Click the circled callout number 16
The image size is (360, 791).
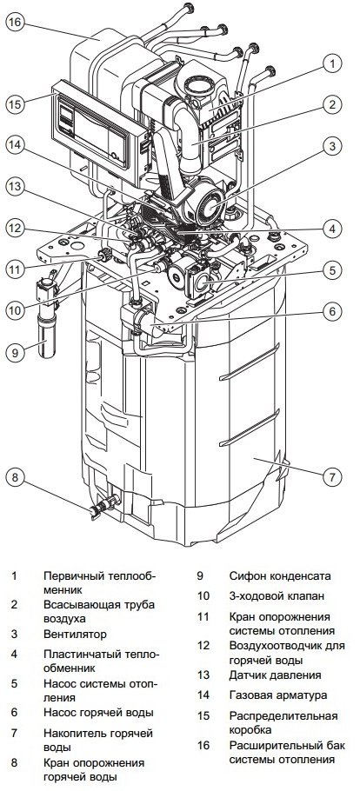coord(15,23)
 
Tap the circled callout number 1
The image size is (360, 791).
coord(331,63)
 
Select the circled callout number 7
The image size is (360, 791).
coord(331,476)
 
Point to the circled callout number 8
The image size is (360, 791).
coord(15,476)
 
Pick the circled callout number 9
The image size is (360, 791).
coord(15,352)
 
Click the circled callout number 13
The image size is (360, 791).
coord(15,187)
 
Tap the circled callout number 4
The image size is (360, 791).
coord(331,229)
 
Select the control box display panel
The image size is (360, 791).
coord(97,128)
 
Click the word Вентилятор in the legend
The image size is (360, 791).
coord(76,635)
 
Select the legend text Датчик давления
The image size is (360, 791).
coord(275,675)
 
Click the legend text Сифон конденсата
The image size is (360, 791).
coord(280,576)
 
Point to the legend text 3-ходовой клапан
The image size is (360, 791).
coord(276,596)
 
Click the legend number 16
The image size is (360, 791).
coord(203,746)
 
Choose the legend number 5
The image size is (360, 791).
coord(14,684)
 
